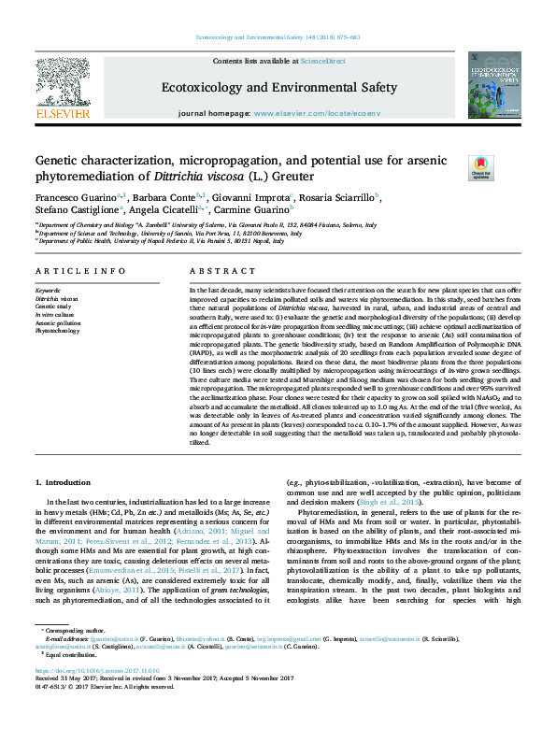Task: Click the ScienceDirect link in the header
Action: pyautogui.click(x=324, y=61)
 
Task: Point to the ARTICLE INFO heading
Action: pyautogui.click(x=79, y=271)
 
